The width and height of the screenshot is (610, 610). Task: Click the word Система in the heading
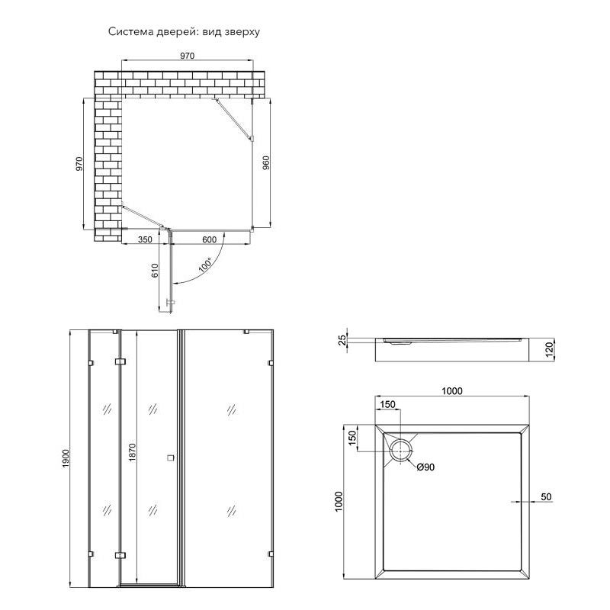[130, 31]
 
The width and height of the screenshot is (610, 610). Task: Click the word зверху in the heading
[242, 32]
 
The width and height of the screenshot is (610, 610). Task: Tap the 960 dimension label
[266, 162]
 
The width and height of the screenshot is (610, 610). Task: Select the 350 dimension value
[145, 239]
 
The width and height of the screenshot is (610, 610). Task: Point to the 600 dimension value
[209, 239]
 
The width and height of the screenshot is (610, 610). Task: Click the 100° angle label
[205, 265]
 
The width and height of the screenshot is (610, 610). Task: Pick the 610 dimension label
[155, 271]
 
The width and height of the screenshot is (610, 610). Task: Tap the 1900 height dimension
[66, 458]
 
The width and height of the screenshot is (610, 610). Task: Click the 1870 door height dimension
[132, 452]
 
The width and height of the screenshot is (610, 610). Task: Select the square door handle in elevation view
[170, 458]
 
